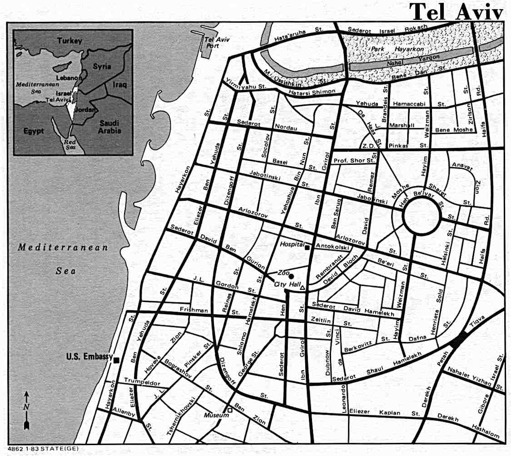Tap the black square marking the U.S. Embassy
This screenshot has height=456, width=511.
[117, 360]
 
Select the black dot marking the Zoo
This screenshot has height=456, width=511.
[291, 276]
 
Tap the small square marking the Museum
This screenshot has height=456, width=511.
[230, 411]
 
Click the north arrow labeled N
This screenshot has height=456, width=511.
[27, 406]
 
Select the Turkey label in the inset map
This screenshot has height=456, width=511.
[69, 41]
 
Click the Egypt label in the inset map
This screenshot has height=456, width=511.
[33, 131]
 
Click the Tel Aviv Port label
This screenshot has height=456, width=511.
[217, 42]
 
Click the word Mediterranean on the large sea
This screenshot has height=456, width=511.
[63, 248]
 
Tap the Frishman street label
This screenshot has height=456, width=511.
[193, 311]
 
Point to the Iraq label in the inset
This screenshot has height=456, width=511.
[120, 84]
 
